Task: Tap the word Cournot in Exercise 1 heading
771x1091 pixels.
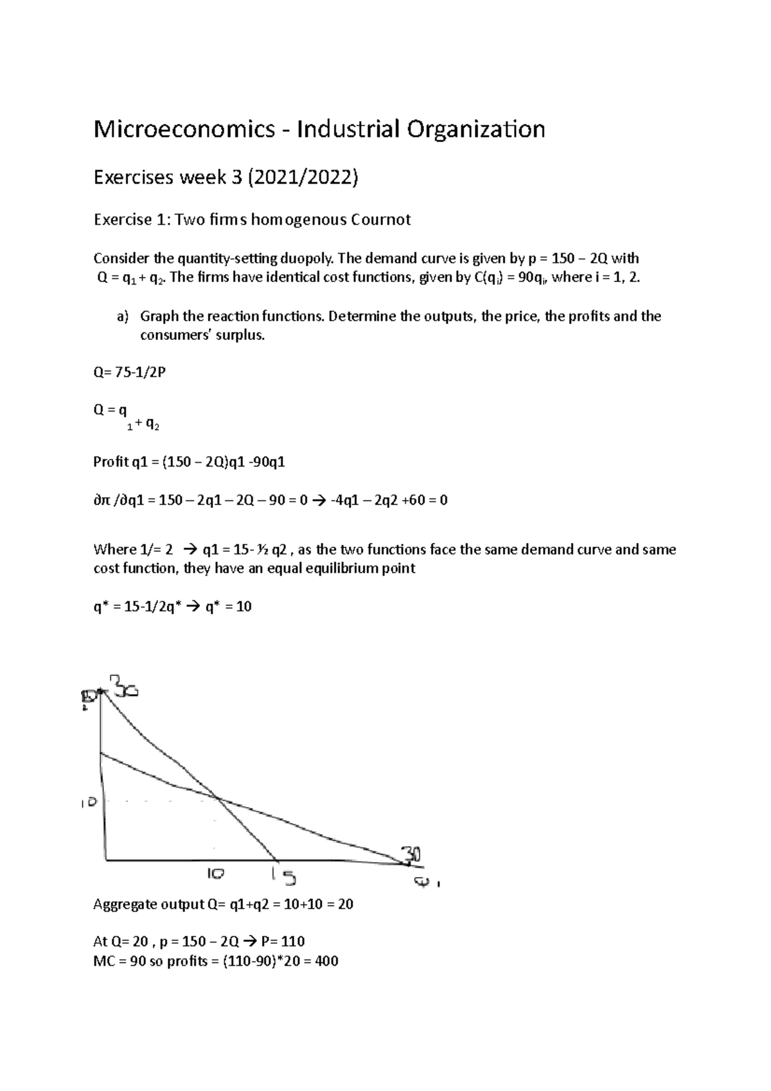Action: (380, 220)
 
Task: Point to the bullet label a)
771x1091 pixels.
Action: (122, 316)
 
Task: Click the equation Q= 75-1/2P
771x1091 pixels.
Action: (129, 372)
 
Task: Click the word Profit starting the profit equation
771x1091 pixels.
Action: (111, 462)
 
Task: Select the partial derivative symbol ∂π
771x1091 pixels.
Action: (102, 500)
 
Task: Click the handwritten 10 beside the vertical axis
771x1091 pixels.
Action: (88, 803)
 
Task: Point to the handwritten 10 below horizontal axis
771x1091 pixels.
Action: (215, 874)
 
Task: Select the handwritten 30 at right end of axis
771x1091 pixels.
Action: (411, 855)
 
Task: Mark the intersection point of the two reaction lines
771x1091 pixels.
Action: (218, 799)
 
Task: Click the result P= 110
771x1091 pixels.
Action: (283, 941)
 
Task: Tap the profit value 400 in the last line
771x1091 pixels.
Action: (326, 961)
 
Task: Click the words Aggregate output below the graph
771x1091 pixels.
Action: (148, 905)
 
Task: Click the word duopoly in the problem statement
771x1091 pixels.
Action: (307, 258)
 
